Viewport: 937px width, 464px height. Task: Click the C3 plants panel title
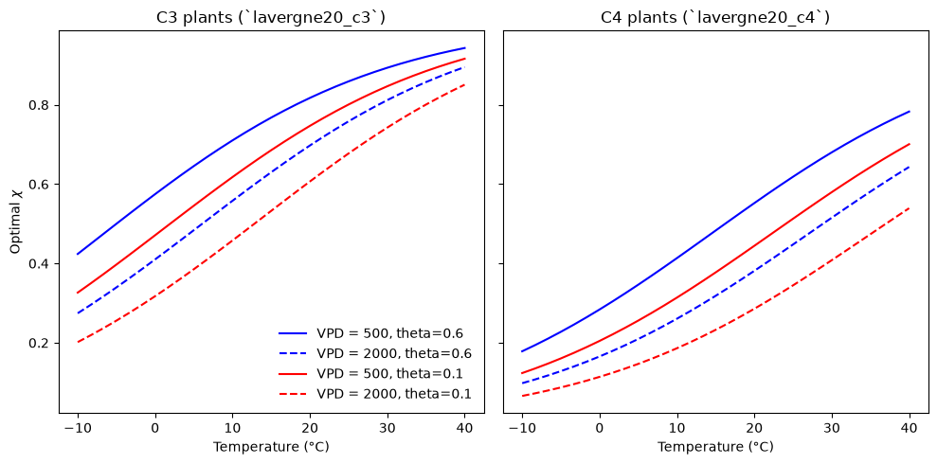point(271,18)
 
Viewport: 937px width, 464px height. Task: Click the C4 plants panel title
point(715,18)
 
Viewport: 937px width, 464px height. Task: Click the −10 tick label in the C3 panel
point(79,428)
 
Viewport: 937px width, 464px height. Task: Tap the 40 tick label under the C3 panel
point(465,428)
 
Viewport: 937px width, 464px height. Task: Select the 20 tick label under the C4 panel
point(755,428)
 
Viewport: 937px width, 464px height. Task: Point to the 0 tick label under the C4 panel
point(600,428)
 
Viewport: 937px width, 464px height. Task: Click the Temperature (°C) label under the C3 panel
point(271,447)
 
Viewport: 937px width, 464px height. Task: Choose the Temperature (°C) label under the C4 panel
point(716,447)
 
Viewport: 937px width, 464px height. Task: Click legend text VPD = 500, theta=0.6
point(394,333)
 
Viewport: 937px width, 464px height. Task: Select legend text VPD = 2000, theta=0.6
point(394,353)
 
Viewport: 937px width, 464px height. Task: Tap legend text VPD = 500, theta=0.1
point(394,373)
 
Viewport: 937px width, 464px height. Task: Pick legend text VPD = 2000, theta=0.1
point(394,394)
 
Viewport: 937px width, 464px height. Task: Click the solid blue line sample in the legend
point(294,333)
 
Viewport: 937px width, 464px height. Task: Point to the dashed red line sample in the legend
point(294,394)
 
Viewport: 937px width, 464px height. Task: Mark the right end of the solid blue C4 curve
point(910,112)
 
